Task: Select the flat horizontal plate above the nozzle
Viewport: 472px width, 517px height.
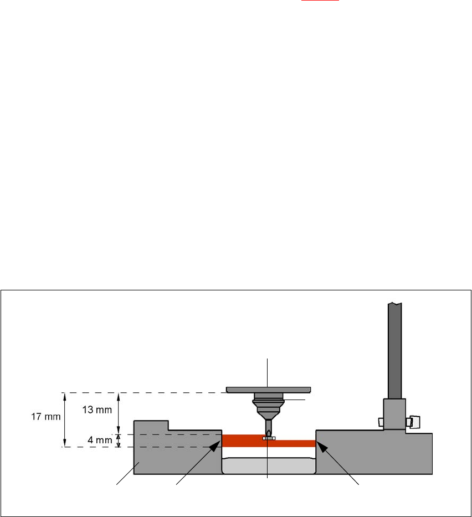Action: (269, 390)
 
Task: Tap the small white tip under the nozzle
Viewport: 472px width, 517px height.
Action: (269, 438)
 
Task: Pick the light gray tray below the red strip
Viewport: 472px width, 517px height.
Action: (269, 465)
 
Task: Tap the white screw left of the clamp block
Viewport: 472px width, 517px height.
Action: (380, 422)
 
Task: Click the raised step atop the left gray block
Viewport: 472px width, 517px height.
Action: (151, 425)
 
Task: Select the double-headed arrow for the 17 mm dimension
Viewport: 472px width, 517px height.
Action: (65, 419)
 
